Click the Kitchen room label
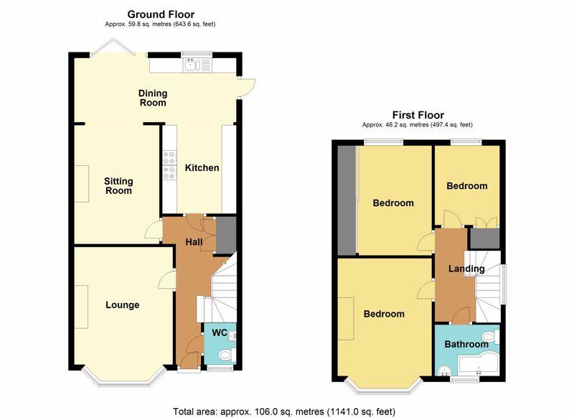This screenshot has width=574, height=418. [x=202, y=168]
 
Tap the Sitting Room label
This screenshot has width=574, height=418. [x=118, y=186]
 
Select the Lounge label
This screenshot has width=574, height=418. [x=122, y=305]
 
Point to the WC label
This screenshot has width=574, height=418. [x=220, y=333]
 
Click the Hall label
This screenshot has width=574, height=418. [x=194, y=242]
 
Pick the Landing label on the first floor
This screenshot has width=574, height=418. [x=466, y=269]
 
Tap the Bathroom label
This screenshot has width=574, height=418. [x=466, y=344]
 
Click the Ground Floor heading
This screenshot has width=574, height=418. [x=161, y=14]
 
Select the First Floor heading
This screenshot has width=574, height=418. [x=418, y=115]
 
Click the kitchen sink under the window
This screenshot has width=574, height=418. [x=192, y=65]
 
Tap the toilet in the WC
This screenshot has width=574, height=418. [x=225, y=355]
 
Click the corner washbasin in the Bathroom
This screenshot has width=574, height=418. [x=444, y=371]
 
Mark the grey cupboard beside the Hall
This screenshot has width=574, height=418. [x=226, y=234]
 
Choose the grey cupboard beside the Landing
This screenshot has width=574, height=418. [x=485, y=238]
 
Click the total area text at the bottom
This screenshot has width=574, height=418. [x=284, y=412]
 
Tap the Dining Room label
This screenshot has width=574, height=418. [x=153, y=98]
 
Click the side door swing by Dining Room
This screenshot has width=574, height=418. [x=246, y=88]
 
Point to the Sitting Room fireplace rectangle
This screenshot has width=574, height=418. [x=82, y=184]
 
